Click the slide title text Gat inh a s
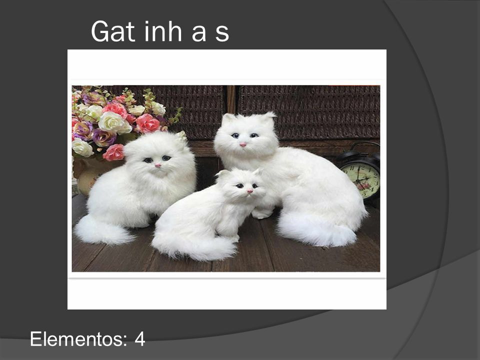160,31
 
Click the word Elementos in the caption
78,339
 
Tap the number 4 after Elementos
139,339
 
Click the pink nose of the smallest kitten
250,191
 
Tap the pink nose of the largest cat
243,144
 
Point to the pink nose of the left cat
157,165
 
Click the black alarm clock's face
363,180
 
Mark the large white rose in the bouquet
114,123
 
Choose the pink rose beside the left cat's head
114,152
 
